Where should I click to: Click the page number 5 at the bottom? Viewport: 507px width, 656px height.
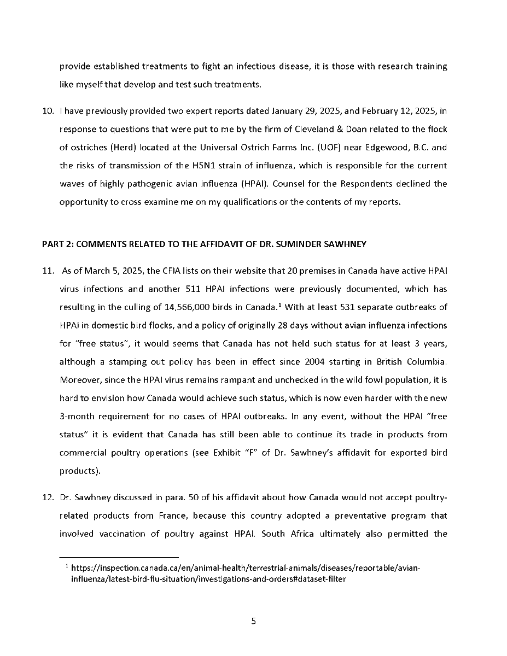(x=253, y=622)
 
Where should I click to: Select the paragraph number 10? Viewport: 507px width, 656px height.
(x=47, y=112)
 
